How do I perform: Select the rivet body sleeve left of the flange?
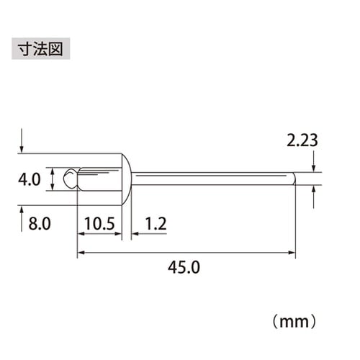[99, 178]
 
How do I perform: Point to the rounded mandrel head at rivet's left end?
[68, 178]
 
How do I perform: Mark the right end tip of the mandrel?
[292, 178]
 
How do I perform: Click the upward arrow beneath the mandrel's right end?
[315, 196]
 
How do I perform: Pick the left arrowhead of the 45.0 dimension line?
[81, 253]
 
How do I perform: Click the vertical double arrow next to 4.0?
[53, 179]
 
